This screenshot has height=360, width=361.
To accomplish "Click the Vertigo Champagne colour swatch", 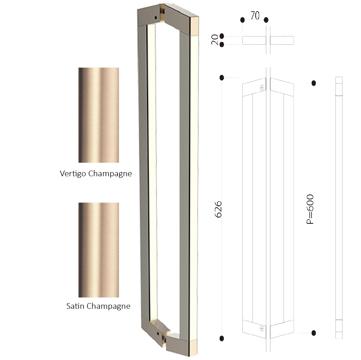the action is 99,115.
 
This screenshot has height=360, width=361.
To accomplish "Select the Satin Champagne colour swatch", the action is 99,250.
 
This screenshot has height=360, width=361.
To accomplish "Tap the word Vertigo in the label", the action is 73,174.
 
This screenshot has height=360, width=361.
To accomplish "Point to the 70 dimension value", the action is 255,15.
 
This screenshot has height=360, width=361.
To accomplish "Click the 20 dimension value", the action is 215,40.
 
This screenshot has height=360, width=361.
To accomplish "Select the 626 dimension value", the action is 218,209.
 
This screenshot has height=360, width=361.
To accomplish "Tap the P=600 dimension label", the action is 310,209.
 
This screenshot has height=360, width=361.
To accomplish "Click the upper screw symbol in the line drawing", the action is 262,88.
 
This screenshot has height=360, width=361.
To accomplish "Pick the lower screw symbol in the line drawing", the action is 262,329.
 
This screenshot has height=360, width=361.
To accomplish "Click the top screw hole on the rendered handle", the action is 156,18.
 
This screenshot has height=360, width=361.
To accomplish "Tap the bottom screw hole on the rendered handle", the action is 158,333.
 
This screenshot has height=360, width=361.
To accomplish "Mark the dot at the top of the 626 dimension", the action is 222,78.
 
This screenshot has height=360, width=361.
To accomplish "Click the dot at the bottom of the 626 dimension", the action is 222,338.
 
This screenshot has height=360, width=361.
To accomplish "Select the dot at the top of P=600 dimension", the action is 313,83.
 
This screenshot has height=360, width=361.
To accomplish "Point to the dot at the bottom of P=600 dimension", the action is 313,333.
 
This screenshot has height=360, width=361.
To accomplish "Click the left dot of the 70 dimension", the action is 242,20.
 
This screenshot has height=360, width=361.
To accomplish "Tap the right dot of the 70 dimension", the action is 266,20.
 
